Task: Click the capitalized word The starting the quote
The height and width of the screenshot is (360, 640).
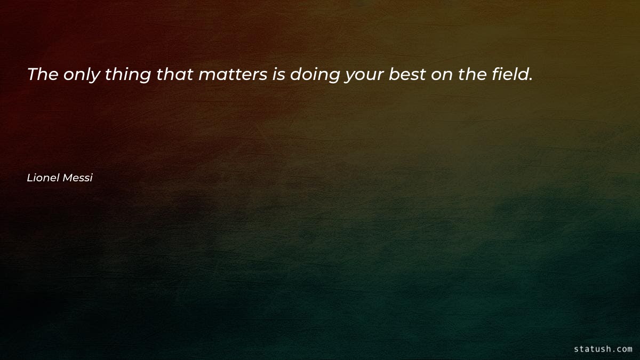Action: click(x=43, y=75)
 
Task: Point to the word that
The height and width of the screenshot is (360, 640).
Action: click(x=175, y=75)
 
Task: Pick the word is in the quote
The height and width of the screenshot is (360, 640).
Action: click(x=278, y=75)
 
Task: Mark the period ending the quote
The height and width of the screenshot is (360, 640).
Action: click(x=531, y=79)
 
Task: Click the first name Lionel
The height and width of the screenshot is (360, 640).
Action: click(x=44, y=178)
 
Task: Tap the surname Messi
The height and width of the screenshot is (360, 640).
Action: click(x=78, y=178)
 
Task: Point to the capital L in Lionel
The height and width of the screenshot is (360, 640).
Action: click(x=29, y=178)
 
